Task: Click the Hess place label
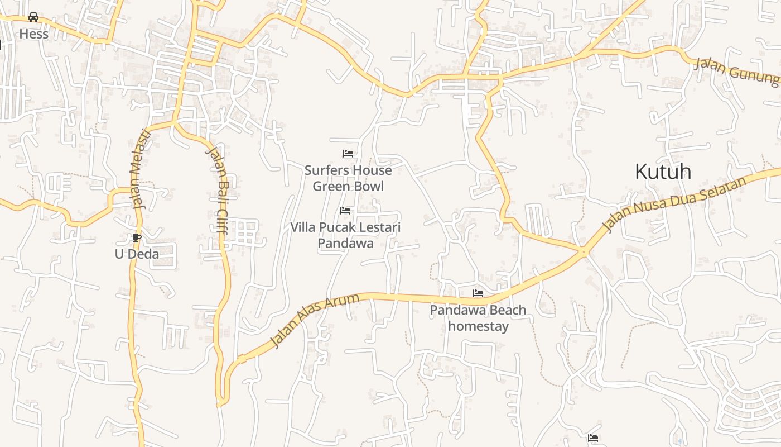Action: coord(33,34)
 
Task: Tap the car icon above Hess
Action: coord(33,17)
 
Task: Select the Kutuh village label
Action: coord(663,172)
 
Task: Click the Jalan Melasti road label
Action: coord(141,169)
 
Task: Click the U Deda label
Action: coord(137,254)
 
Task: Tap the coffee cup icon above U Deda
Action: coord(136,237)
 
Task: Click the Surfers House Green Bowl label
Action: coord(348,178)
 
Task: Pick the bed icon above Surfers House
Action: coord(348,154)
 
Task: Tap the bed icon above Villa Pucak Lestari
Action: coord(345,211)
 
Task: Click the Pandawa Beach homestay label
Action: coord(478,318)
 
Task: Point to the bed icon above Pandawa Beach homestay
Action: coord(478,293)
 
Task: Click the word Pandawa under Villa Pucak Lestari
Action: coord(345,244)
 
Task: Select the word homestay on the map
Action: coord(478,326)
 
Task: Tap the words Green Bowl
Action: coord(348,186)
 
